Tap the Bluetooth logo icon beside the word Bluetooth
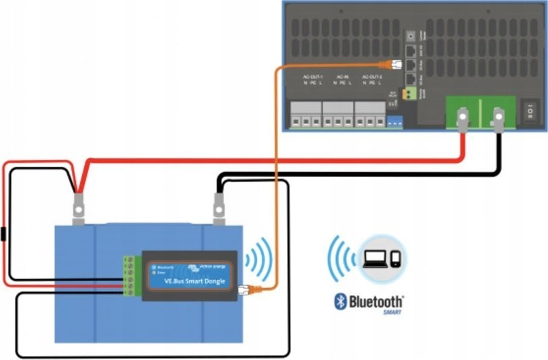tap(341, 301)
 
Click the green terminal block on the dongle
tap(129, 275)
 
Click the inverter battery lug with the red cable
tap(463, 121)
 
